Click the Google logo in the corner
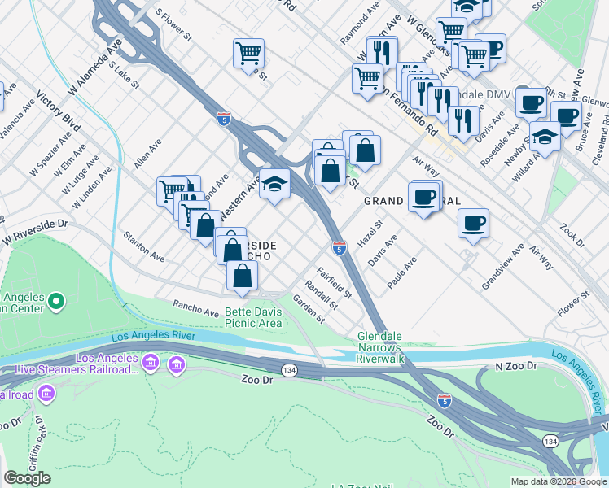point(28,478)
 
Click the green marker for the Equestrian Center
point(55,303)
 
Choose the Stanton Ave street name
point(143,248)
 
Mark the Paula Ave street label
point(402,272)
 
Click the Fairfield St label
point(334,282)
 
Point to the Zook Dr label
point(572,232)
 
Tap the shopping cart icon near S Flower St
point(248,54)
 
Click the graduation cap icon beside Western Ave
point(275,184)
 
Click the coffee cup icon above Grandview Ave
point(473,222)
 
